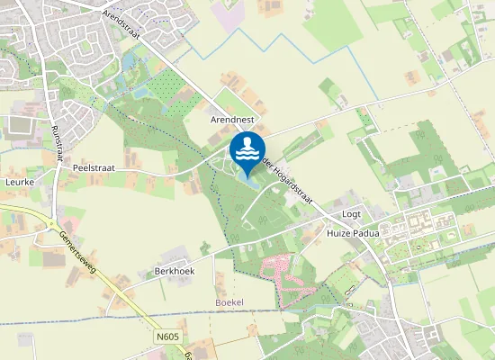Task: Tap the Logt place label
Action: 352,215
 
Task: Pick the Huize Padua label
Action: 353,232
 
